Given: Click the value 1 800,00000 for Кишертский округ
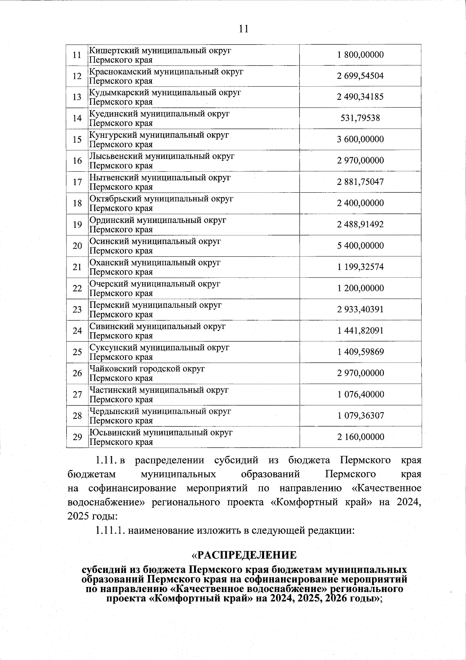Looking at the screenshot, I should (x=360, y=55).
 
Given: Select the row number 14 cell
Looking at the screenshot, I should (x=77, y=118).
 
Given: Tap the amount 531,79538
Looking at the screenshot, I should (x=360, y=118).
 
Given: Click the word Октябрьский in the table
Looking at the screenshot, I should (x=115, y=199).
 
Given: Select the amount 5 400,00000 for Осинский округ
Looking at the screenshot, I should (x=360, y=246).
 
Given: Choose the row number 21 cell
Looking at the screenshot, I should (x=77, y=267).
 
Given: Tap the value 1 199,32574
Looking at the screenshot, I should (x=360, y=267).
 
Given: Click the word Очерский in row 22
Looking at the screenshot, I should (x=109, y=284).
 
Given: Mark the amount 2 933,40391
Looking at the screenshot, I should (x=360, y=310).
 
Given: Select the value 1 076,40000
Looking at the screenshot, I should (x=360, y=395).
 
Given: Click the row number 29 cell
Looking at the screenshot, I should (x=77, y=437).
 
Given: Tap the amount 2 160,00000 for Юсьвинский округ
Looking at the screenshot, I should (x=360, y=437).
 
